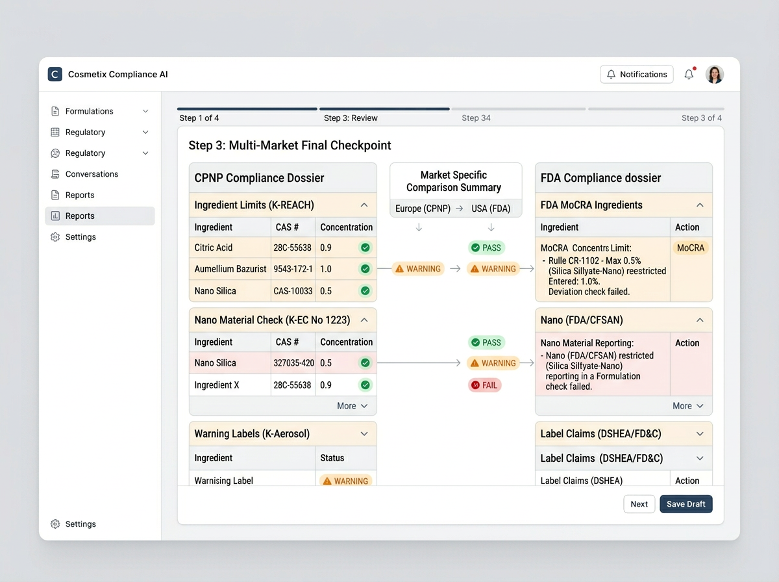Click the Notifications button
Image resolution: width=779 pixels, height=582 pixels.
pyautogui.click(x=636, y=74)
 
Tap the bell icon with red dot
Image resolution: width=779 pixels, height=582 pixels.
pyautogui.click(x=689, y=74)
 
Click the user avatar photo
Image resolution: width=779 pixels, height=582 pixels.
pyautogui.click(x=715, y=74)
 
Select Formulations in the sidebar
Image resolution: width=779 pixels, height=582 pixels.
pyautogui.click(x=89, y=111)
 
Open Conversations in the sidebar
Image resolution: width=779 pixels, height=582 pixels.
pyautogui.click(x=92, y=174)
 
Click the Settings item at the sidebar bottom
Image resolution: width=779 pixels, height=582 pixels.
pyautogui.click(x=80, y=524)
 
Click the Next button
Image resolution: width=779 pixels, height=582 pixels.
pyautogui.click(x=639, y=504)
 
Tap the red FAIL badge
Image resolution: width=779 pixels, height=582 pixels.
pyautogui.click(x=484, y=385)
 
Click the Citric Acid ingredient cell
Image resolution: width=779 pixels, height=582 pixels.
pyautogui.click(x=214, y=247)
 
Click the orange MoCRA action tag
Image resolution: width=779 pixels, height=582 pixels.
pyautogui.click(x=690, y=247)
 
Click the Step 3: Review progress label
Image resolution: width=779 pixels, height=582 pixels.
pyautogui.click(x=351, y=118)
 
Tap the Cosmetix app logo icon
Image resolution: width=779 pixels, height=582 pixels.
pyautogui.click(x=55, y=74)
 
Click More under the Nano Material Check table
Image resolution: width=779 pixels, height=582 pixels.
pyautogui.click(x=352, y=406)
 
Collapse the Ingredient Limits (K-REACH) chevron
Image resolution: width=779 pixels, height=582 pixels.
pyautogui.click(x=364, y=205)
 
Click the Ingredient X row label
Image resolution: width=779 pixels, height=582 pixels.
pyautogui.click(x=217, y=385)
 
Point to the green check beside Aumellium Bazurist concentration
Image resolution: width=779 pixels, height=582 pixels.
pyautogui.click(x=365, y=269)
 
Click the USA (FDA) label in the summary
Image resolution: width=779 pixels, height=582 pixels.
pyautogui.click(x=491, y=209)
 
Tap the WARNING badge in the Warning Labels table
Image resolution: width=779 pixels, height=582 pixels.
pyautogui.click(x=345, y=481)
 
